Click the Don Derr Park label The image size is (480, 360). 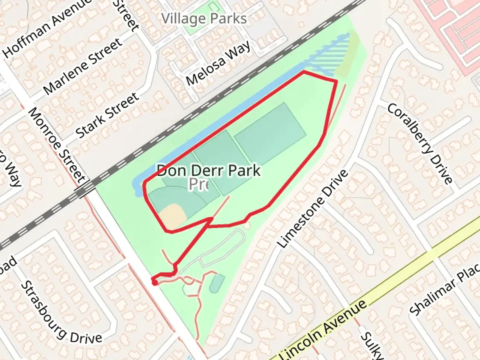(x=209, y=171)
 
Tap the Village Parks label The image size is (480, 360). (x=204, y=19)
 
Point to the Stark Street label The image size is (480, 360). (x=107, y=115)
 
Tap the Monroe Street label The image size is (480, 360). (x=57, y=145)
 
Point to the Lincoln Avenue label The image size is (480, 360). (x=323, y=330)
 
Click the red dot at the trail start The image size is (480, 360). (x=154, y=283)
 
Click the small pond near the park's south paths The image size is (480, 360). (x=217, y=283)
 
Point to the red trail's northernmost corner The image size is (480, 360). (x=304, y=71)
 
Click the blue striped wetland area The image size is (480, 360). (x=330, y=53)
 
